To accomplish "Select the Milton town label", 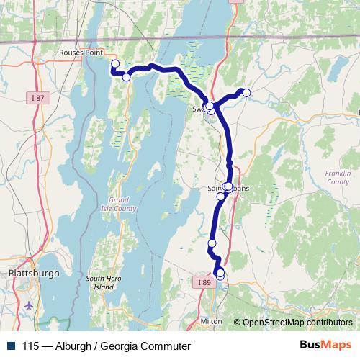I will coord(211,320).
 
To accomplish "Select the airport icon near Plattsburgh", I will coord(29,305).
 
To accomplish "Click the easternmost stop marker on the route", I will coord(246,92).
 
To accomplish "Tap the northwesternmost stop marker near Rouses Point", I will coord(114,64).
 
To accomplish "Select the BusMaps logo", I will coord(325,346).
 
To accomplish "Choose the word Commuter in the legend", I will coord(167,346).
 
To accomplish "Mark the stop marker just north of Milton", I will coord(220,274).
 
